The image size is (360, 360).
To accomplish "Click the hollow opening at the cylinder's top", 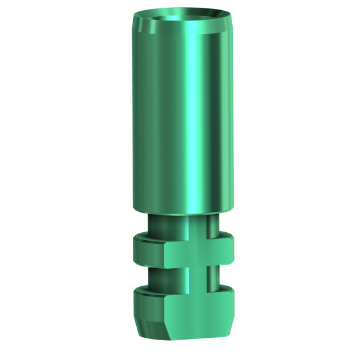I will point(180,14).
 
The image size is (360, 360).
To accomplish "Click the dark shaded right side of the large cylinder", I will point(223,120).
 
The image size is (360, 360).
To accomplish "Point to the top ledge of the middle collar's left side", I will point(147,238).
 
